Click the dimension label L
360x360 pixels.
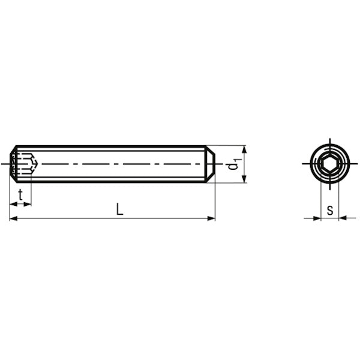click(119, 209)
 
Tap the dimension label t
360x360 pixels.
click(20, 194)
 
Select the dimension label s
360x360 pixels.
click(330, 210)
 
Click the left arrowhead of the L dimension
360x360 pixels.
click(13, 218)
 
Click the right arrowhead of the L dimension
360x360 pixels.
click(211, 218)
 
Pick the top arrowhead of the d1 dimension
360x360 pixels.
click(244, 149)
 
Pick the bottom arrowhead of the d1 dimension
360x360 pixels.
click(244, 179)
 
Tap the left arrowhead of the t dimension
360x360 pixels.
click(14, 204)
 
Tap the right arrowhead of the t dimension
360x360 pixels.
click(27, 204)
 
